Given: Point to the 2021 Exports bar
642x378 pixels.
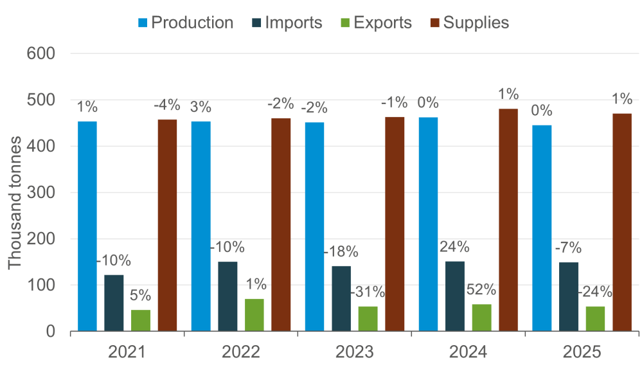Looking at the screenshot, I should pyautogui.click(x=141, y=320).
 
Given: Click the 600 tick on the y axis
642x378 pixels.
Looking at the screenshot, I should pyautogui.click(x=44, y=54).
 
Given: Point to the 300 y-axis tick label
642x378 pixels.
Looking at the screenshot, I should pyautogui.click(x=44, y=193).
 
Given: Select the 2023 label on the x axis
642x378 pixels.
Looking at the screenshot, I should pyautogui.click(x=354, y=352).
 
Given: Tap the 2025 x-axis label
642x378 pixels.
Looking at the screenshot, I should pyautogui.click(x=582, y=352).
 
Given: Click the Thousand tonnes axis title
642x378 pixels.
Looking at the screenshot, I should pyautogui.click(x=15, y=193).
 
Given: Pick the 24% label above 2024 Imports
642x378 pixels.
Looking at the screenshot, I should pyautogui.click(x=454, y=247).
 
